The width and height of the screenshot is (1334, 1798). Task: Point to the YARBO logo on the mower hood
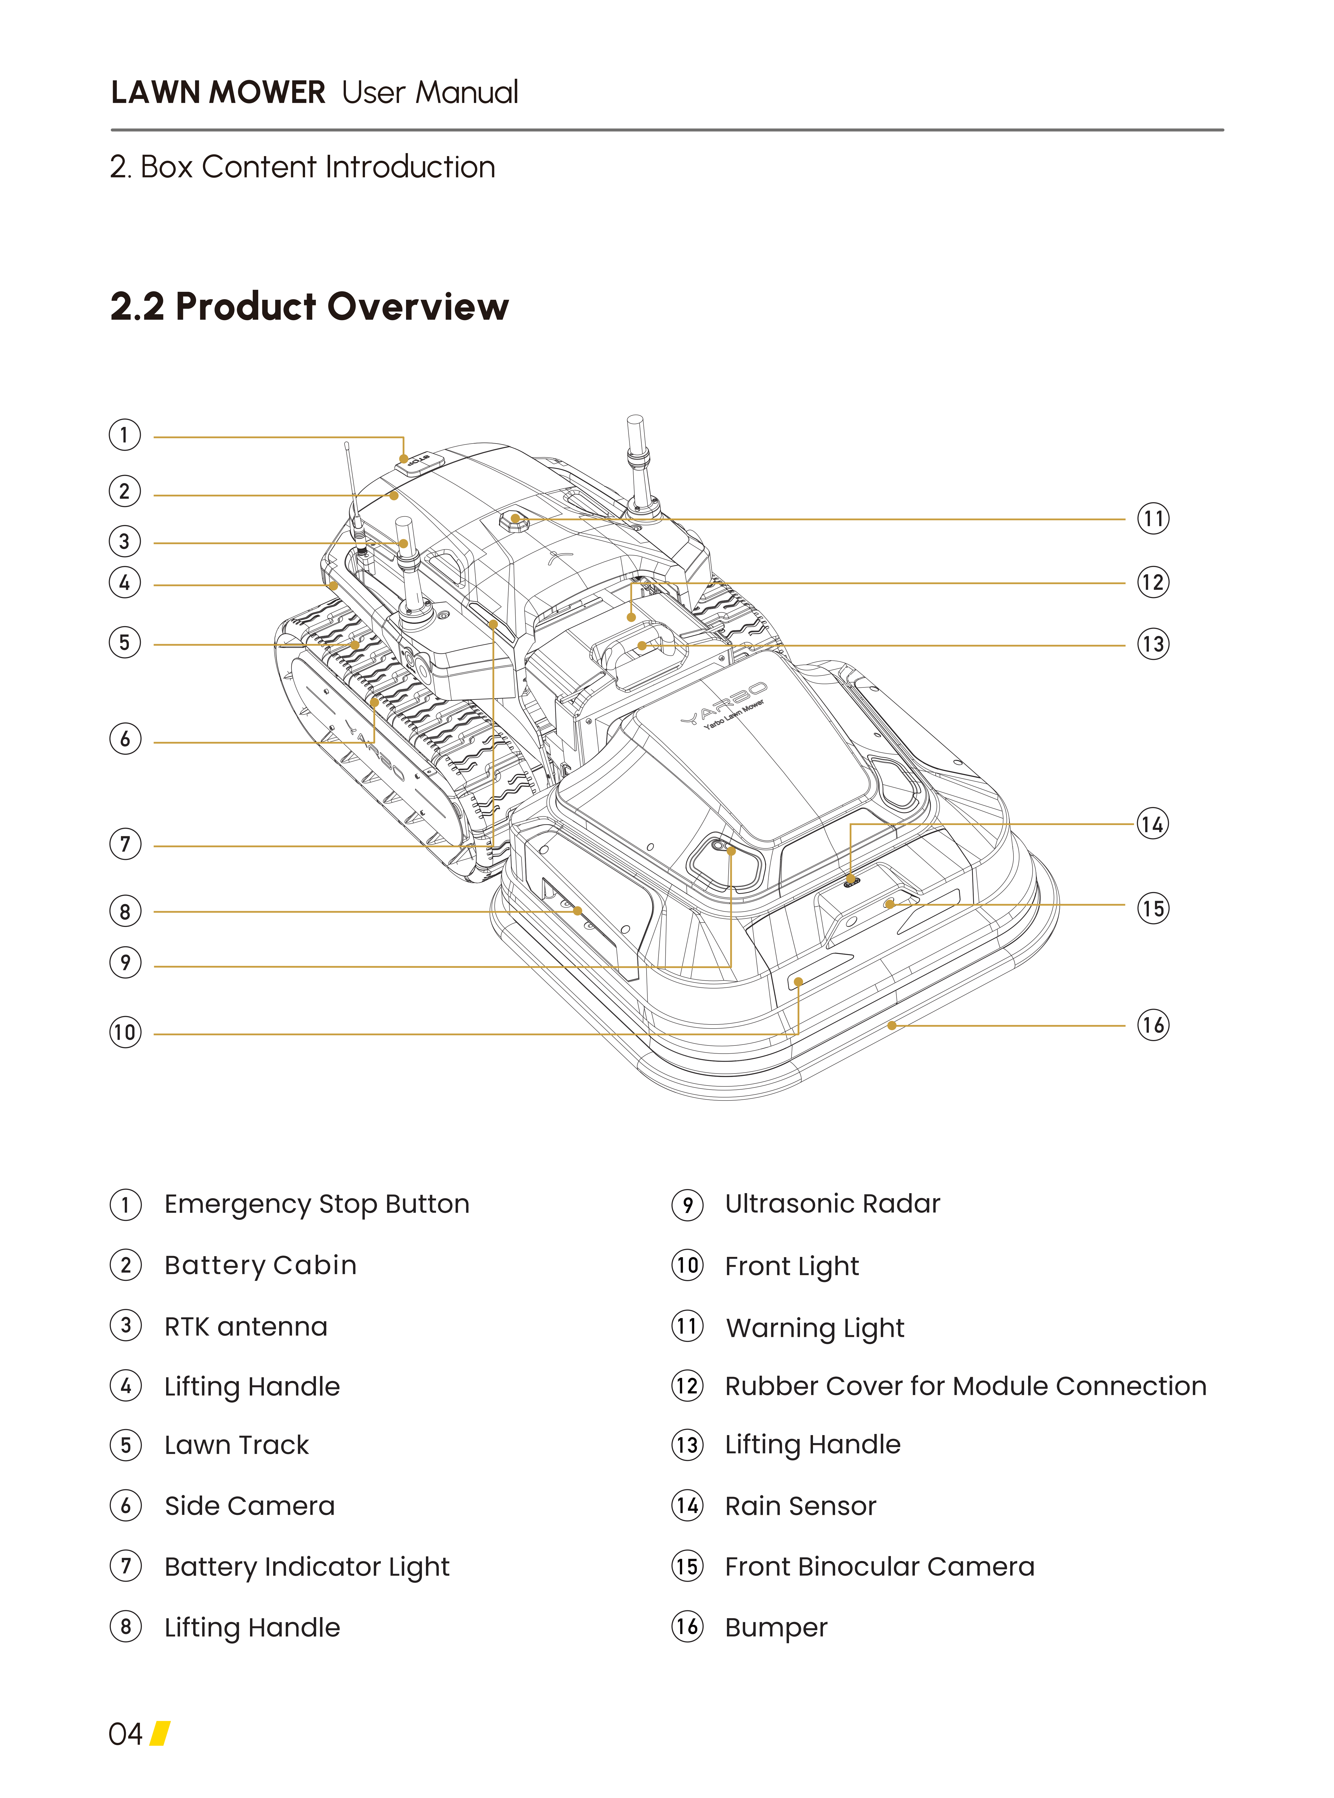click(x=724, y=703)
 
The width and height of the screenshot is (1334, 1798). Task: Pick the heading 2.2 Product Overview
click(x=309, y=307)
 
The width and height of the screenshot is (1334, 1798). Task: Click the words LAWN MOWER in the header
click(x=218, y=93)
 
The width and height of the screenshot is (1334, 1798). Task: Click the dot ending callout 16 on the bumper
click(x=891, y=1026)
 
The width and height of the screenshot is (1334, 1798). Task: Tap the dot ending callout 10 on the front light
click(x=798, y=982)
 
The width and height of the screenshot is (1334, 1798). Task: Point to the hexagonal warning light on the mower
click(x=514, y=521)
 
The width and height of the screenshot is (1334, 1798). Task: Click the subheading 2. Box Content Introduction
click(x=303, y=167)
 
